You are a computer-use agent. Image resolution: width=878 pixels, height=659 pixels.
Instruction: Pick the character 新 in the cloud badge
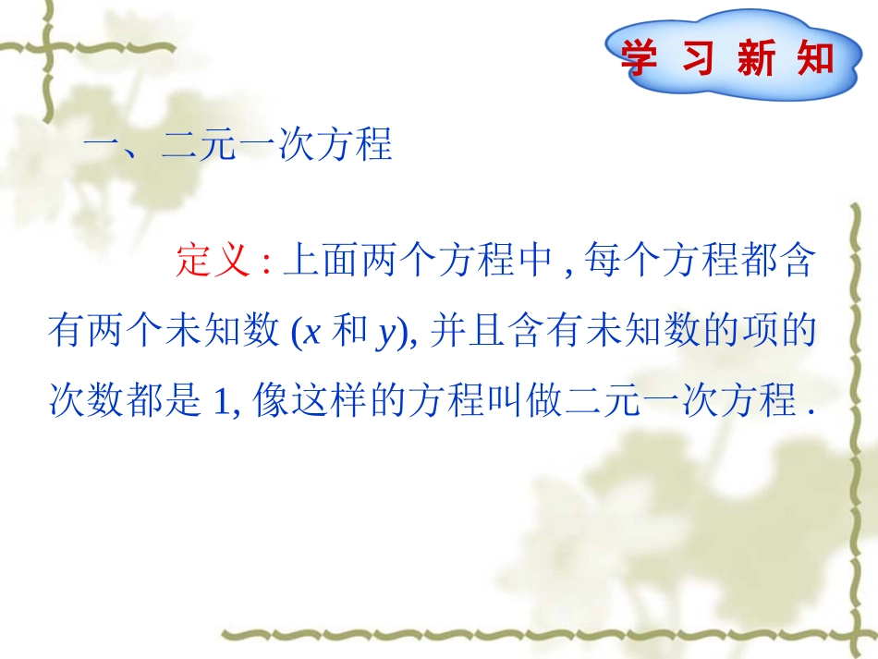[757, 58]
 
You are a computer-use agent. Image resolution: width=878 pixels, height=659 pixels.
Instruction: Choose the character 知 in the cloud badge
[814, 58]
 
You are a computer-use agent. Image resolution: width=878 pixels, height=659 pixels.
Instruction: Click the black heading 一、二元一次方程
[238, 145]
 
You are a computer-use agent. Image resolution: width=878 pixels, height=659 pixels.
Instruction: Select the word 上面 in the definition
[320, 262]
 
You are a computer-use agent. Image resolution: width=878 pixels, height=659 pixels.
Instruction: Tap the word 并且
[468, 333]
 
